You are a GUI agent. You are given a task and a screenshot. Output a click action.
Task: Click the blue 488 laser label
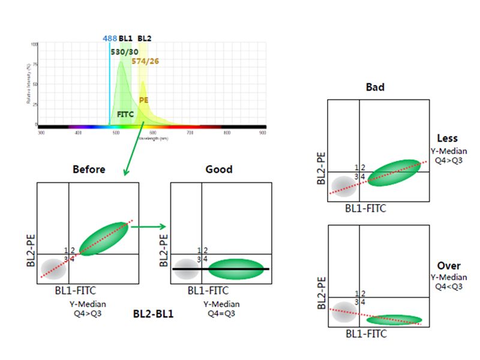(110, 38)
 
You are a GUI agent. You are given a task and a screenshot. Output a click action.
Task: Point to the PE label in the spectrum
(144, 100)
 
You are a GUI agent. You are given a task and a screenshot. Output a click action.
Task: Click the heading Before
(89, 169)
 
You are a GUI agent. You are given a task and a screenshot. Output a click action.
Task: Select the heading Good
(218, 169)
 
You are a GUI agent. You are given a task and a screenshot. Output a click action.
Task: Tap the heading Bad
(375, 88)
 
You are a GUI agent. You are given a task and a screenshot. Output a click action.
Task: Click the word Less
(448, 139)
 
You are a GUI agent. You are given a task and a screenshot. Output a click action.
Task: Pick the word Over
(449, 266)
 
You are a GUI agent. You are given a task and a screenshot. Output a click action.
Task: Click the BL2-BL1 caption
(153, 313)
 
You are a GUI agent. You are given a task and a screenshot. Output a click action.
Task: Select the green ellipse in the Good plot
(236, 269)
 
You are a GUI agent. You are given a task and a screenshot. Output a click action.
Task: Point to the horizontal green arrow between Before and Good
(148, 227)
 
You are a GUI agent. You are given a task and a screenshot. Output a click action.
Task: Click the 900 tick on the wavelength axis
(263, 132)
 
